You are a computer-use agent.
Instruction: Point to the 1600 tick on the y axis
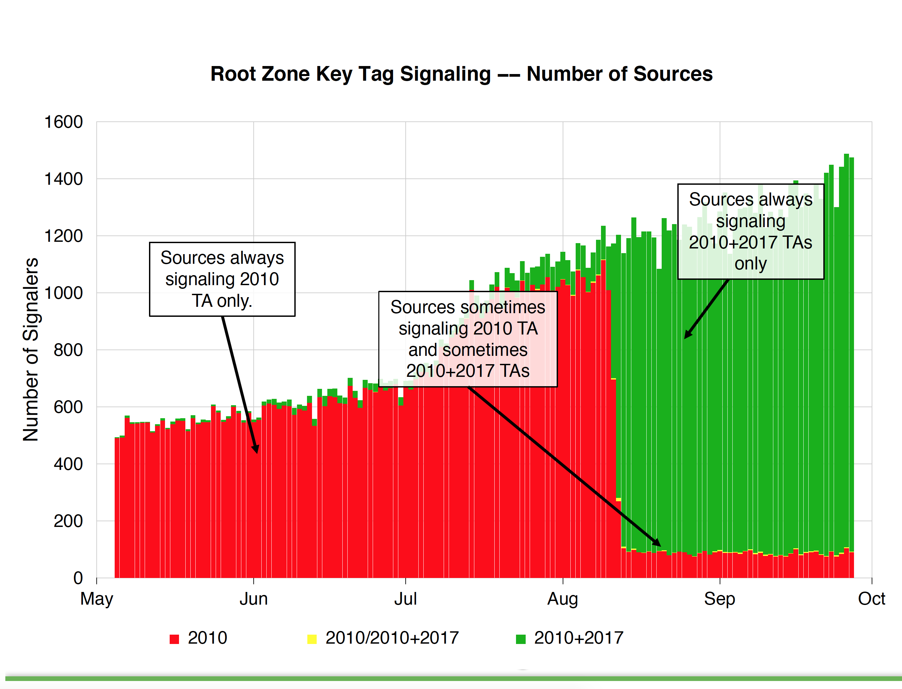[x=64, y=122]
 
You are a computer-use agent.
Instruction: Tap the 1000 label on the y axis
[x=64, y=293]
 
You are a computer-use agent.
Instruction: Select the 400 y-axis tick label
[x=68, y=464]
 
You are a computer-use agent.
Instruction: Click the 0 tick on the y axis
[x=78, y=578]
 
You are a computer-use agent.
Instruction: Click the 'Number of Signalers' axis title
[x=31, y=350]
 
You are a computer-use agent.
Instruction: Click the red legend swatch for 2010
[x=175, y=639]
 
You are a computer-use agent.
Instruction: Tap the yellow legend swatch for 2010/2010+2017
[x=312, y=639]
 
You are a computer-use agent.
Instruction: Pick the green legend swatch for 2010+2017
[x=520, y=639]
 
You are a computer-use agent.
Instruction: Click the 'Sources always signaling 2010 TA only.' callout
[x=222, y=279]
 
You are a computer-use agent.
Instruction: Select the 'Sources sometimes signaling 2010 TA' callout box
[x=468, y=339]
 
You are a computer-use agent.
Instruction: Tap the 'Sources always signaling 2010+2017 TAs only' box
[x=750, y=232]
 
